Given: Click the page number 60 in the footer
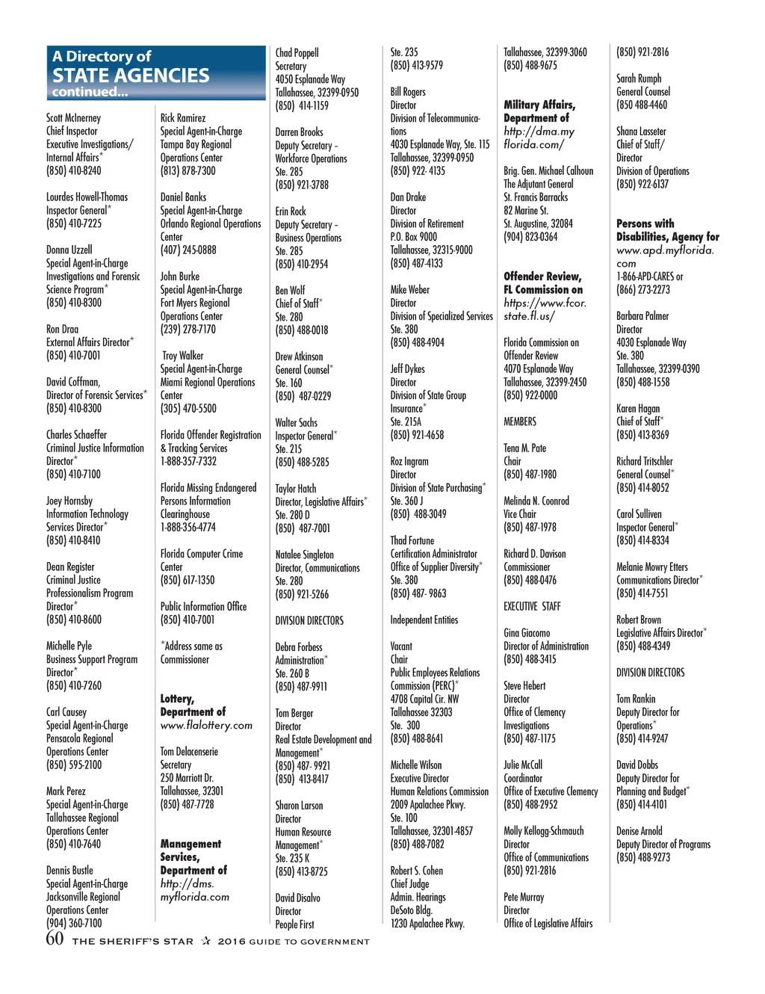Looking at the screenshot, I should pyautogui.click(x=55, y=939).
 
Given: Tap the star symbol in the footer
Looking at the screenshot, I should pyautogui.click(x=205, y=941).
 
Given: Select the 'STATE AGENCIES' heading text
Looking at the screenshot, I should pyautogui.click(x=131, y=75).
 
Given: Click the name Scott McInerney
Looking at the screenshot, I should pyautogui.click(x=73, y=118).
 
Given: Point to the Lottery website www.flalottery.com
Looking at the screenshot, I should pyautogui.click(x=206, y=726).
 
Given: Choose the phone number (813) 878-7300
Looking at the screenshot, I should pyautogui.click(x=188, y=171).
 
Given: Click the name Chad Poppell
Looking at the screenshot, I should pyautogui.click(x=297, y=53).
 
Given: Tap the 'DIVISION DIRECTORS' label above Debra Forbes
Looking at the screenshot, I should pyautogui.click(x=309, y=621).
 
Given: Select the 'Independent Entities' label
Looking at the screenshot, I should pyautogui.click(x=424, y=620).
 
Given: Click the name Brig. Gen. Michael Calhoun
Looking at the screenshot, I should pyautogui.click(x=548, y=171).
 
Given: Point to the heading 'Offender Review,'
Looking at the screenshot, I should pyautogui.click(x=542, y=277).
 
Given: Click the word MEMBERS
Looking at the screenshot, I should pyautogui.click(x=519, y=422).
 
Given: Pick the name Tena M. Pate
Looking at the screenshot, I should pyautogui.click(x=524, y=448).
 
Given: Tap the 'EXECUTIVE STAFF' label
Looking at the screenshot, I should pyautogui.click(x=531, y=607).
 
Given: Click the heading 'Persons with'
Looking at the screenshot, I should pyautogui.click(x=645, y=223).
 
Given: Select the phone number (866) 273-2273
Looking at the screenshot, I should pyautogui.click(x=642, y=290).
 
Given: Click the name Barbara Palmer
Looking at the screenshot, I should pyautogui.click(x=642, y=316).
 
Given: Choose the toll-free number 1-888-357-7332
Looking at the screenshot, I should pyautogui.click(x=188, y=462).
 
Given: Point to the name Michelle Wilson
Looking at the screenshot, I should pyautogui.click(x=415, y=765).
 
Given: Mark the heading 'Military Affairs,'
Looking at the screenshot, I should pyautogui.click(x=539, y=105).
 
